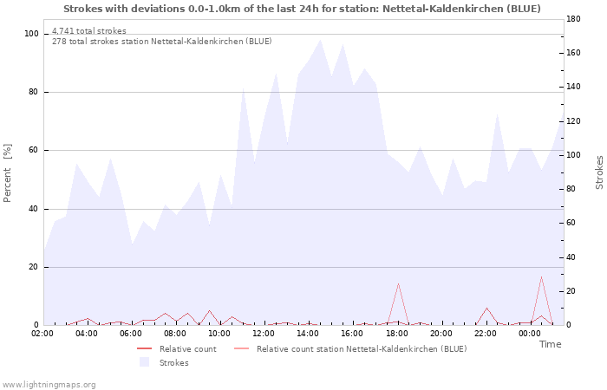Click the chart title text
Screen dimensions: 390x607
coord(302,9)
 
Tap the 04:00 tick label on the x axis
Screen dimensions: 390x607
coord(87,334)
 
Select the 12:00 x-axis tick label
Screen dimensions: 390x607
coord(264,334)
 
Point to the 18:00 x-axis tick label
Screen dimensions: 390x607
coord(397,334)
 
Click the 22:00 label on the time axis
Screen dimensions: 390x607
coord(486,334)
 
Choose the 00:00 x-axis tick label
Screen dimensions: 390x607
coord(531,334)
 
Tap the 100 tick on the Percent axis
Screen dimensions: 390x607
coord(31,34)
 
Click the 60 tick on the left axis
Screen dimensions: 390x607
coord(34,151)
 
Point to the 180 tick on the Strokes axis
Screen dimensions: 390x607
coord(573,19)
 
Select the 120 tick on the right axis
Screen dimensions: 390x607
coord(573,121)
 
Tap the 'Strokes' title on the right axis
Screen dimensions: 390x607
coord(599,172)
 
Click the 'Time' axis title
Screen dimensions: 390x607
coord(550,344)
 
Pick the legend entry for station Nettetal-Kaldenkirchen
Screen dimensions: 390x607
coord(361,348)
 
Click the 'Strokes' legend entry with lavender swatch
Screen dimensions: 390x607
coord(173,362)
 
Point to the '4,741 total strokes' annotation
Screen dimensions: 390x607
coord(88,31)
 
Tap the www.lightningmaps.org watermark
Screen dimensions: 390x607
coord(49,384)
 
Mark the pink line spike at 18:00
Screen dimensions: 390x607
coord(398,283)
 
